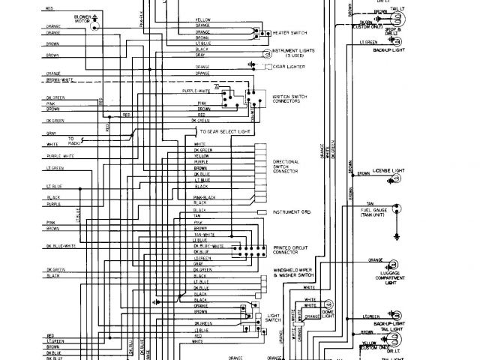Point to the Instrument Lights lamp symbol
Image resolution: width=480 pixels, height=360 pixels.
tap(266, 54)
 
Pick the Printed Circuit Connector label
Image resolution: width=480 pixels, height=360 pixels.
tap(288, 249)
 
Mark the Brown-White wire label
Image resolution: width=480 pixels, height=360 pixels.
tap(53, 79)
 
